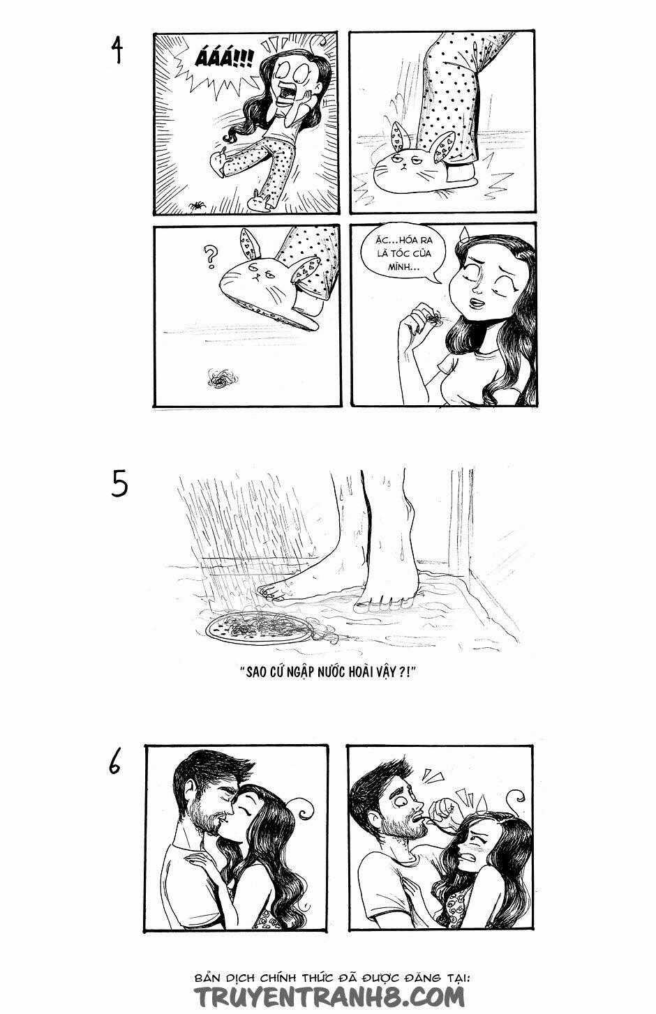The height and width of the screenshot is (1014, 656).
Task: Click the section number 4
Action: pos(117,49)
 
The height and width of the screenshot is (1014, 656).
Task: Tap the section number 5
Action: pos(119,485)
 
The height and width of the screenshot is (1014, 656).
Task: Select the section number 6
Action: pos(116,763)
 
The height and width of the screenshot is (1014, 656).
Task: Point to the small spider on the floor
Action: pos(196,205)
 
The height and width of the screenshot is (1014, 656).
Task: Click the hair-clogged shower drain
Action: pos(262,625)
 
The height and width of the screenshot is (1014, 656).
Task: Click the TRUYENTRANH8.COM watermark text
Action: pos(328,994)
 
